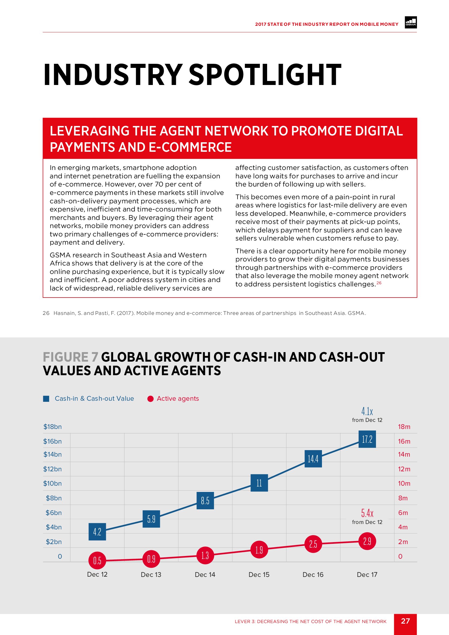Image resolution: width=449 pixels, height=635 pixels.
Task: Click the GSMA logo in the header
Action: pos(410,23)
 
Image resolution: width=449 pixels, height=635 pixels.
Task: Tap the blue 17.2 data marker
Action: pos(367,439)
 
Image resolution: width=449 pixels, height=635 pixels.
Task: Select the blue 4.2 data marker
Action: pos(97,532)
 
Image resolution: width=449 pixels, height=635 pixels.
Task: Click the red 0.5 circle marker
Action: pos(97,560)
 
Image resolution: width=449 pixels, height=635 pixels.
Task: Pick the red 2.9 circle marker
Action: pos(367,541)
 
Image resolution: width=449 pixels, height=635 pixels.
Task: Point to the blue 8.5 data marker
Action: pos(205,501)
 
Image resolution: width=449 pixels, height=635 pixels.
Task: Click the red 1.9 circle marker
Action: pos(259,549)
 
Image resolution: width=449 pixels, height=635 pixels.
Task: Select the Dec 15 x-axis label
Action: pos(259,574)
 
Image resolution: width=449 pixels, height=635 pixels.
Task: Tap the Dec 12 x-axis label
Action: pos(97,574)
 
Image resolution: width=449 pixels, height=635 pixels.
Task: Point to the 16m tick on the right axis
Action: pos(404,441)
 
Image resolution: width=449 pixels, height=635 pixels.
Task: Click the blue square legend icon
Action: pos(46,399)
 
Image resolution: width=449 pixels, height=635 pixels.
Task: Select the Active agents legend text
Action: pos(178,399)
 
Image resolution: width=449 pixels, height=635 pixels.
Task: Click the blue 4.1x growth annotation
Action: pos(367,412)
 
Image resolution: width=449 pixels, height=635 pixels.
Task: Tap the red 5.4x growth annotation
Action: pos(367,513)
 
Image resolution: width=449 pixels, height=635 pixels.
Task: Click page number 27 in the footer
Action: pos(405,621)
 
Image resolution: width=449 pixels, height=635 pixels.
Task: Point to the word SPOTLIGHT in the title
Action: pos(265,75)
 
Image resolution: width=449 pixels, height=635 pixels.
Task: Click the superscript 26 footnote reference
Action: pos(379,283)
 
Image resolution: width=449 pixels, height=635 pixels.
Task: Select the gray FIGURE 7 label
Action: pos(71,357)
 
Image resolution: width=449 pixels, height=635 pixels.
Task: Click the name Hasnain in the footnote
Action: pos(64,313)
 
